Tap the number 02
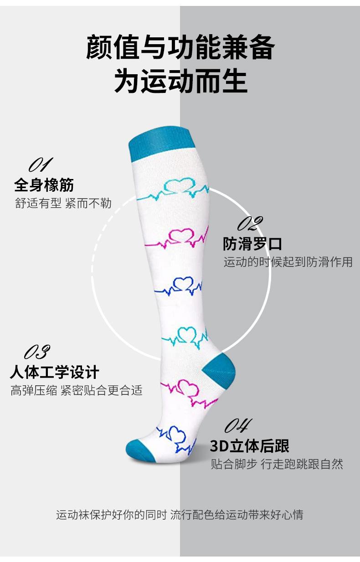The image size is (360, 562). (250, 224)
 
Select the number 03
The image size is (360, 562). (37, 352)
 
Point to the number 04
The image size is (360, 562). (238, 425)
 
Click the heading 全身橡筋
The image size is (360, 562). (44, 185)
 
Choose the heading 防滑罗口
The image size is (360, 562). (252, 244)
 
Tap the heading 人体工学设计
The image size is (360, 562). (54, 372)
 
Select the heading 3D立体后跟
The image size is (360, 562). (250, 446)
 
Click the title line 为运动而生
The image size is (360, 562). (180, 82)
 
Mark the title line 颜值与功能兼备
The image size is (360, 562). (180, 48)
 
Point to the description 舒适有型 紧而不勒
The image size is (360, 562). (63, 203)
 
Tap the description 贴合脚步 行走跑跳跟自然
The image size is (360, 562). (277, 464)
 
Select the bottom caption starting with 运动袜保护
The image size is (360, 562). (180, 515)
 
